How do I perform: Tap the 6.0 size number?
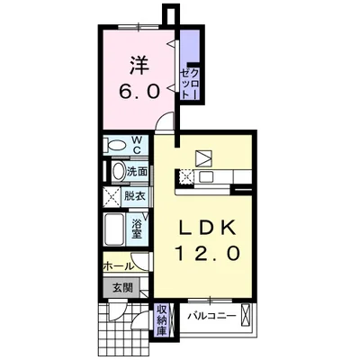(x=139, y=92)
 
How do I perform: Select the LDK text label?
(x=207, y=229)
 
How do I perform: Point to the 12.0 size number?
(x=208, y=254)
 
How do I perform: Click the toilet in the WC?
(x=114, y=146)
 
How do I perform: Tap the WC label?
(x=137, y=145)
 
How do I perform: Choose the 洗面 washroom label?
(x=137, y=172)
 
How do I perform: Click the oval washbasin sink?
(x=118, y=172)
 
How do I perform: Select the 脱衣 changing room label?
(x=135, y=196)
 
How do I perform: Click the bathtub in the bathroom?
(x=113, y=230)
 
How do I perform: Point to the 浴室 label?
(x=137, y=229)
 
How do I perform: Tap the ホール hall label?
(x=118, y=265)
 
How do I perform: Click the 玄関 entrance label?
(x=122, y=288)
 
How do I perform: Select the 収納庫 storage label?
(x=160, y=320)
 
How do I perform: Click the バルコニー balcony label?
(x=211, y=316)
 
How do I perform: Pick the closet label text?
(x=190, y=84)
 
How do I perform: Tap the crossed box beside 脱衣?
(x=112, y=196)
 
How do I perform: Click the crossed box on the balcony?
(x=246, y=315)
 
